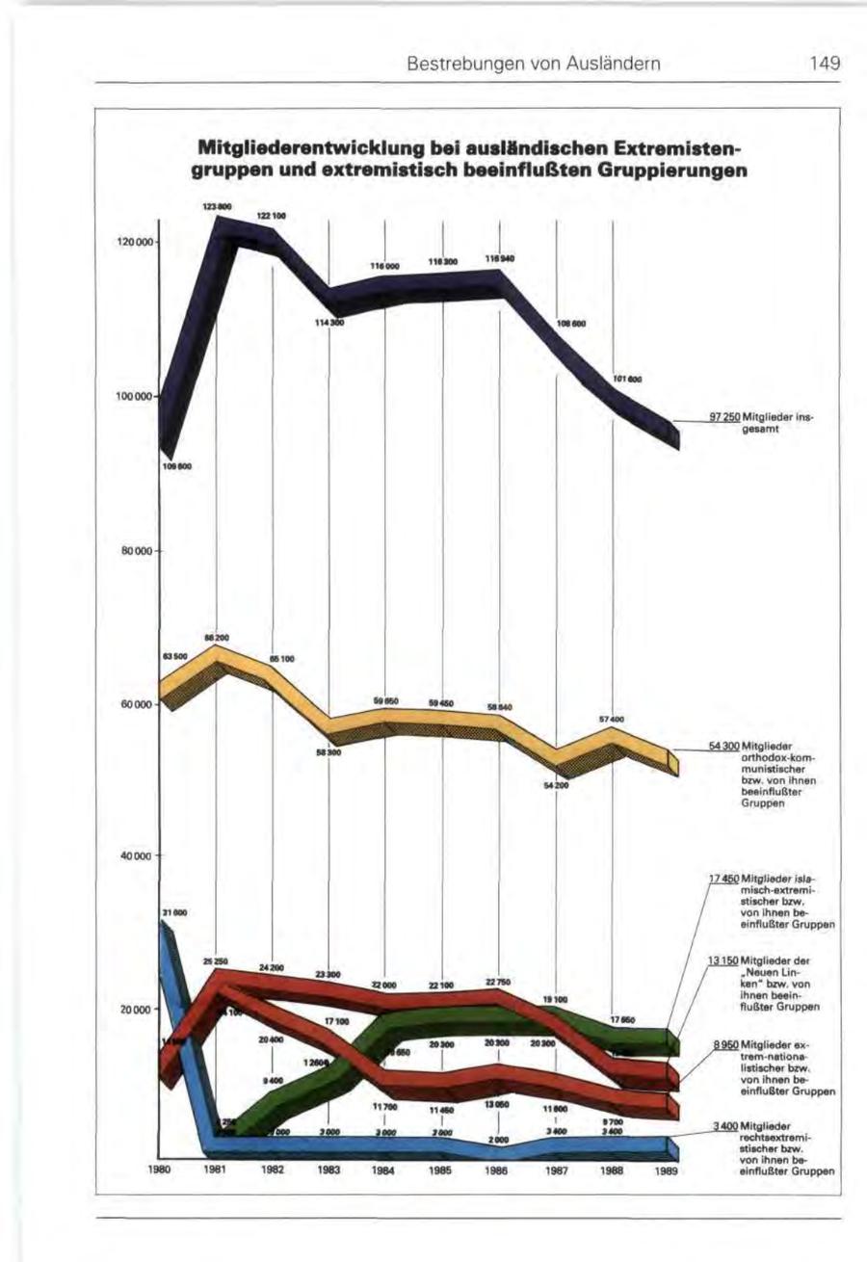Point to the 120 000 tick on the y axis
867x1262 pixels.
coord(135,243)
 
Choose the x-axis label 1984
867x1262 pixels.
coord(383,1172)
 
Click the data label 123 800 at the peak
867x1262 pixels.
coord(215,206)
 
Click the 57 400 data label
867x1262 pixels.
coord(613,719)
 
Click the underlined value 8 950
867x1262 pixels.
coord(726,1044)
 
